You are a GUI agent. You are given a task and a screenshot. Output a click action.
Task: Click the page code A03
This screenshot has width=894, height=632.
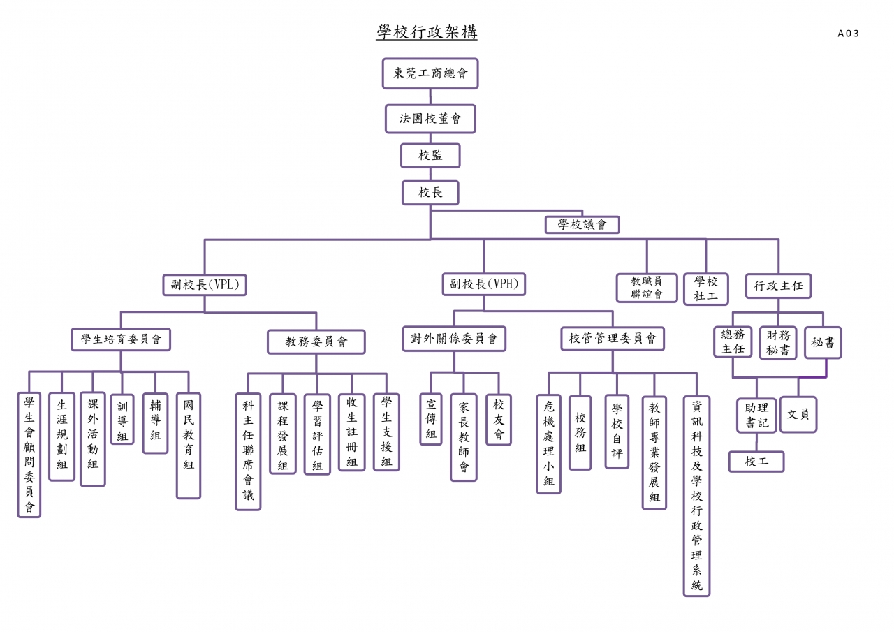848,34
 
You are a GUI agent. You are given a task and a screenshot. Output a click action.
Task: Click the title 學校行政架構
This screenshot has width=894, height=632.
427,32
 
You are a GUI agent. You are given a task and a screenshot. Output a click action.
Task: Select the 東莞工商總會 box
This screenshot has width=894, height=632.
430,73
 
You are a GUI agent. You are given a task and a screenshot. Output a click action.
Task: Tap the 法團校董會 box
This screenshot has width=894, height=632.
430,119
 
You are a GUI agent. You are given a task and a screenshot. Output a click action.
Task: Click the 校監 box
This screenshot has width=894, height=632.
430,155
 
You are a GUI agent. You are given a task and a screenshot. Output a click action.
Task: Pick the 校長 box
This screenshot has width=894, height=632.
430,193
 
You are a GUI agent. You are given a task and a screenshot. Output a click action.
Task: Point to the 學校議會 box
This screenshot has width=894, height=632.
582,225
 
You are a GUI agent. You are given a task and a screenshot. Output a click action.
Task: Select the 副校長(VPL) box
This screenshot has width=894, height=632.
205,285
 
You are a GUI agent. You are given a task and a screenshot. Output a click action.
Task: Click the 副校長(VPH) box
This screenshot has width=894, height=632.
484,284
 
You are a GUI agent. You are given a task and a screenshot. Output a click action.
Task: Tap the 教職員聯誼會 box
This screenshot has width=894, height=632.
647,288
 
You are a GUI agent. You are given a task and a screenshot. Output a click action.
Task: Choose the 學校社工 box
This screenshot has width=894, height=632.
705,289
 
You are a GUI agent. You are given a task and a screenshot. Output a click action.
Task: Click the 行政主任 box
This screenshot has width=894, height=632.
778,286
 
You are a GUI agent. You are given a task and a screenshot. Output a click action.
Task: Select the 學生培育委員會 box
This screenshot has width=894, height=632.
121,339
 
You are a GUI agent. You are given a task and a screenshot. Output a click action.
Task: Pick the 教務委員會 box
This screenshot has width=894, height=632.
316,341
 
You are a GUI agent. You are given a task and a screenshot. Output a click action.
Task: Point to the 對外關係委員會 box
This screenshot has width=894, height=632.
454,339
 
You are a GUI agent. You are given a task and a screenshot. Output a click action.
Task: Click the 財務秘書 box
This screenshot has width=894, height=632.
778,343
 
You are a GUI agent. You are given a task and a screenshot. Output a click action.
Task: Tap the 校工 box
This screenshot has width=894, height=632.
756,462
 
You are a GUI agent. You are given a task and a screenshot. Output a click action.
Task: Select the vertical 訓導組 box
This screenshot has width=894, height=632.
122,419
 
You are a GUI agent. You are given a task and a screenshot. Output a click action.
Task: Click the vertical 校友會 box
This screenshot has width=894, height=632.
499,419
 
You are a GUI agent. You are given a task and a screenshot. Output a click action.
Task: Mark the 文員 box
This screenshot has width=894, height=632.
798,414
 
